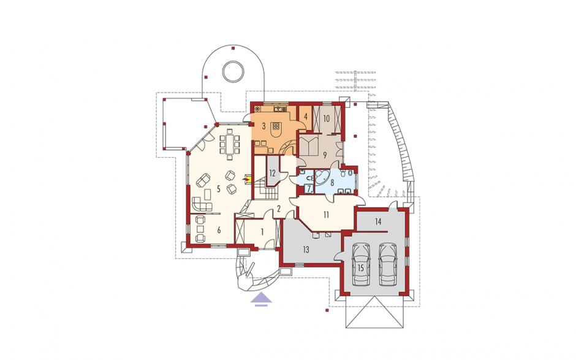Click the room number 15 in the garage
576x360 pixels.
(360, 268)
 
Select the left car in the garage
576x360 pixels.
(360, 264)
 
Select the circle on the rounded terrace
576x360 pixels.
(233, 71)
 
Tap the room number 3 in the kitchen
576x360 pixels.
(263, 126)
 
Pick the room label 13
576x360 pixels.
(306, 250)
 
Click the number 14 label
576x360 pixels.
(378, 221)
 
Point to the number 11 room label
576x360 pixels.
(326, 215)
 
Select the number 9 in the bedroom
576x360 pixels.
(324, 155)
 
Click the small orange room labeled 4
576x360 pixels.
(305, 118)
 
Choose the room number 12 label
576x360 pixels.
(272, 174)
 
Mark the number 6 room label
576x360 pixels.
(219, 230)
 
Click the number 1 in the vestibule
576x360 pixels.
(262, 232)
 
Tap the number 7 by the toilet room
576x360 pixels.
(309, 189)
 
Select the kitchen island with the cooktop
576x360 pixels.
(276, 128)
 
